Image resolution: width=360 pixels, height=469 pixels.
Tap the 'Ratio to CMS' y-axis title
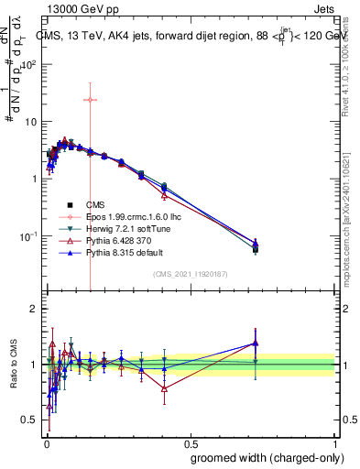click(x=15, y=364)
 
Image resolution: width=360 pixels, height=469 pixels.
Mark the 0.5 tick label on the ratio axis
click(x=29, y=420)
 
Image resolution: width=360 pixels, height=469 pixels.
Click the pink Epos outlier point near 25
click(x=90, y=99)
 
